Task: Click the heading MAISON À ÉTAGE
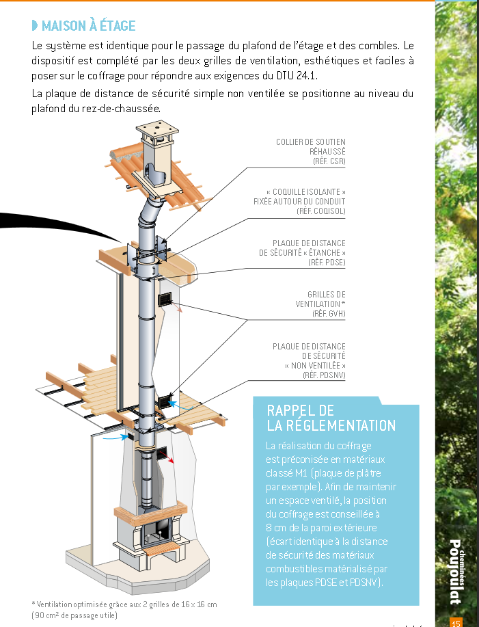pyautogui.click(x=88, y=27)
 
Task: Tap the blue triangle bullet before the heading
pyautogui.click(x=35, y=27)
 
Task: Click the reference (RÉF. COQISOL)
pyautogui.click(x=320, y=211)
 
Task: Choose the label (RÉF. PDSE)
pyautogui.click(x=327, y=262)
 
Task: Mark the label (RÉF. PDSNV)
pyautogui.click(x=324, y=375)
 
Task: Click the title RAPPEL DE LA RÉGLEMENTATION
pyautogui.click(x=331, y=418)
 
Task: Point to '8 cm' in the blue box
pyautogui.click(x=275, y=528)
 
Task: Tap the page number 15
pyautogui.click(x=456, y=622)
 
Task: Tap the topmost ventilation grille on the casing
pyautogui.click(x=165, y=299)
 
